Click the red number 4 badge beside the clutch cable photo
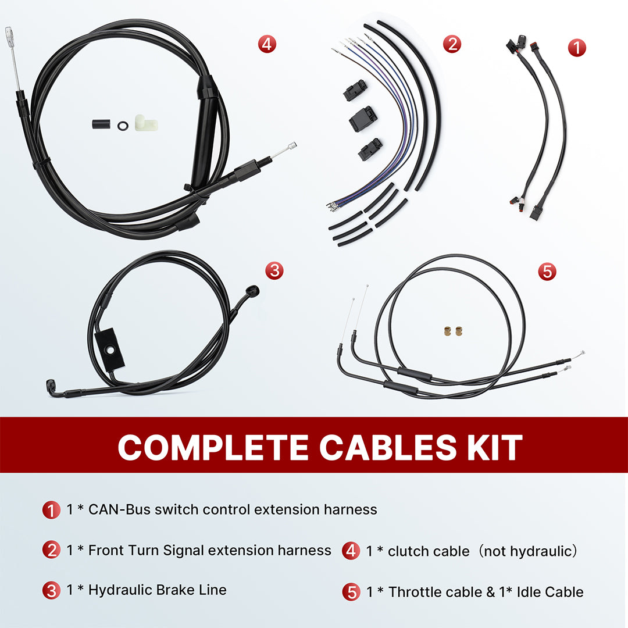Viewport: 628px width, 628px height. (267, 44)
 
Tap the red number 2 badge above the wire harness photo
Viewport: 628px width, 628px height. (452, 44)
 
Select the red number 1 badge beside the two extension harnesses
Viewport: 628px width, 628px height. (576, 47)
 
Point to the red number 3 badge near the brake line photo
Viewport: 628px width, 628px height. (274, 270)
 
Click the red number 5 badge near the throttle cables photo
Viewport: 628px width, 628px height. (547, 271)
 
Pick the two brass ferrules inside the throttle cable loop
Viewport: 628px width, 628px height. (451, 330)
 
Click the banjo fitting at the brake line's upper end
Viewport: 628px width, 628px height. (252, 290)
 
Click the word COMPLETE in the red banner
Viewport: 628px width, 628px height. (213, 447)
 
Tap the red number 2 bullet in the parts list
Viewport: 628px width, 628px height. (51, 550)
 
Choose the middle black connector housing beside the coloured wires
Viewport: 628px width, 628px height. (363, 119)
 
